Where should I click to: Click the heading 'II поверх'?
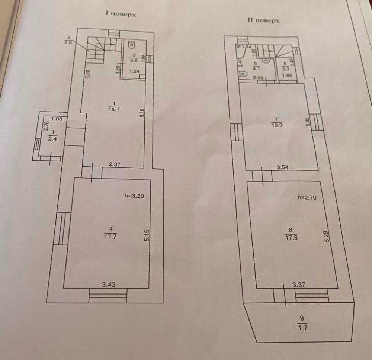click(x=263, y=21)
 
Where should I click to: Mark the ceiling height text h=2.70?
click(x=307, y=198)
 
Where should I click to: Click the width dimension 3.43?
click(x=109, y=285)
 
